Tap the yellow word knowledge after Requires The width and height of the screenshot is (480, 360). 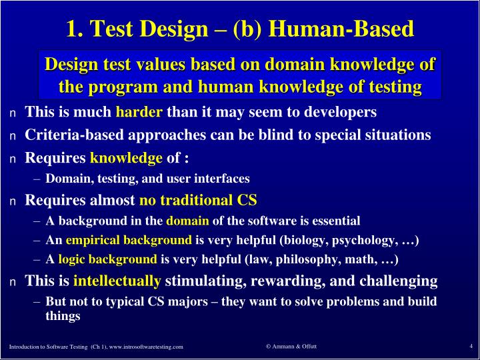[126, 158]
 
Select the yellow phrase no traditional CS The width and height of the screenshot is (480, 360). [198, 200]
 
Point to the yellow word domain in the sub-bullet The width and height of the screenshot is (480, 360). [187, 221]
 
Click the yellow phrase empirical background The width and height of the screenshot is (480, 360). [129, 240]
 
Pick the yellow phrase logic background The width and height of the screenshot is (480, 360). [107, 259]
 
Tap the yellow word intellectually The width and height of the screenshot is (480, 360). [117, 280]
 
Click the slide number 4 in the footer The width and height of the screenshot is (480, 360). [471, 345]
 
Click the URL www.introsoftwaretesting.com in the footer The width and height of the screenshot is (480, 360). [146, 347]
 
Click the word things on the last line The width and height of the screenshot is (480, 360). [63, 316]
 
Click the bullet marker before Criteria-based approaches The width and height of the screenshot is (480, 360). [12, 136]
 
